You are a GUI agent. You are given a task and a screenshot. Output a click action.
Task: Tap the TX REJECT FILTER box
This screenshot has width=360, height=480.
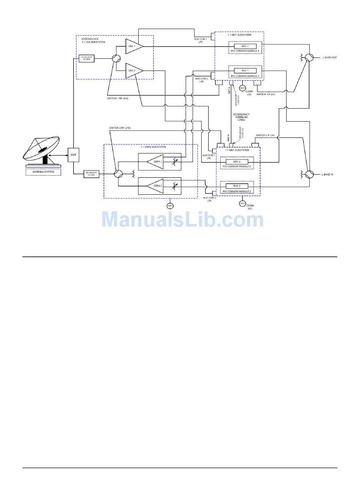tap(87, 59)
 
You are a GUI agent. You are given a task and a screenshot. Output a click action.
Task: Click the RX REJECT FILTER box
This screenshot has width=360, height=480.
tap(91, 174)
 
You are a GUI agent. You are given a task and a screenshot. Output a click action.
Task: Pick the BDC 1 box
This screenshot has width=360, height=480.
tap(245, 46)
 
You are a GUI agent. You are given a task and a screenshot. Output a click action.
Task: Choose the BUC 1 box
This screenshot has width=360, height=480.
tap(245, 70)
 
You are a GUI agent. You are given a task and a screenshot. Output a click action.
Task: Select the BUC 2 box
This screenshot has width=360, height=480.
tap(237, 186)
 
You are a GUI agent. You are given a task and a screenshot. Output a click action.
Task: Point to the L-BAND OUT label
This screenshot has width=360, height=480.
tap(330, 58)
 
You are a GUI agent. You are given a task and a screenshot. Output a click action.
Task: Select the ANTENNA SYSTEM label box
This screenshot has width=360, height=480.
tap(43, 172)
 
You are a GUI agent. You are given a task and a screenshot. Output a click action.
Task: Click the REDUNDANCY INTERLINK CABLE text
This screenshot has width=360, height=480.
tap(241, 117)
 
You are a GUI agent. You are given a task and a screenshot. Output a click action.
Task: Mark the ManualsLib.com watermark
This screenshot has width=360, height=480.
tap(183, 219)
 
